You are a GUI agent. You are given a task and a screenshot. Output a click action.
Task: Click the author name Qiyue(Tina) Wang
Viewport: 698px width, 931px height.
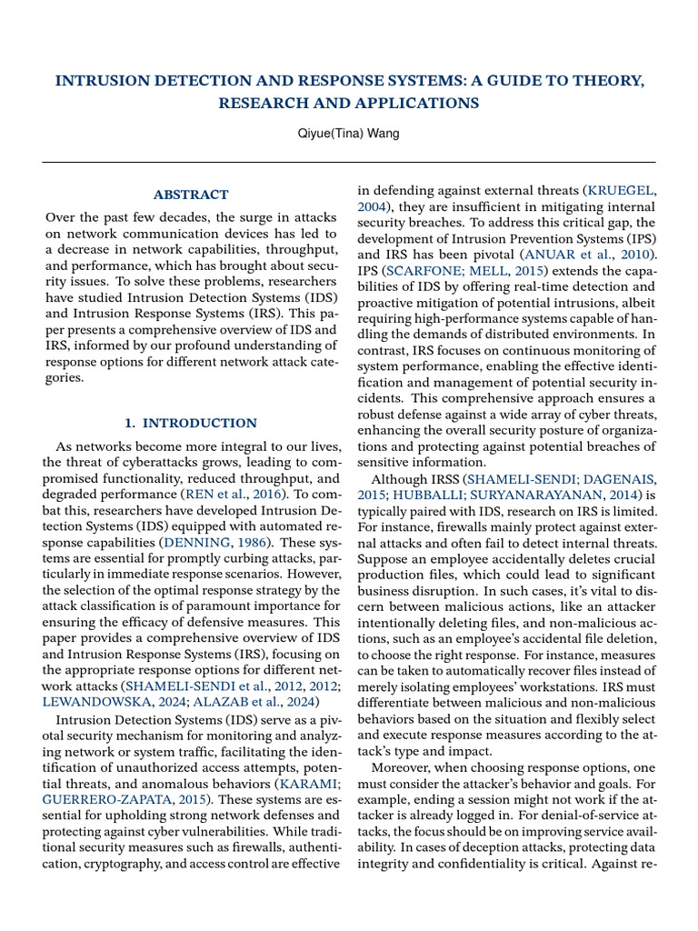click(x=349, y=134)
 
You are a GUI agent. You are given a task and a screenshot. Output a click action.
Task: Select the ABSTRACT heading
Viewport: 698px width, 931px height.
click(x=191, y=195)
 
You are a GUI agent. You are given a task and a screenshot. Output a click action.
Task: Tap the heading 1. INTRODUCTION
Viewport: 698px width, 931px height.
click(x=191, y=423)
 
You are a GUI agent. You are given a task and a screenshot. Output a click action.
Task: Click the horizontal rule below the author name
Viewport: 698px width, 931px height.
click(x=349, y=162)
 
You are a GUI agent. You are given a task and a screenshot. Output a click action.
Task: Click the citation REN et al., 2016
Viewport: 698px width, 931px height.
click(x=237, y=495)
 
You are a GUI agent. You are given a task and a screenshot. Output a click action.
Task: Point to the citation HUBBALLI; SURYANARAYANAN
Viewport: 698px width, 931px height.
click(x=521, y=495)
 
